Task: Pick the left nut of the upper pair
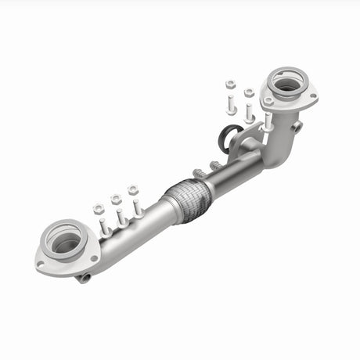(x=231, y=85)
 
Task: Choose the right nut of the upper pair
(x=249, y=93)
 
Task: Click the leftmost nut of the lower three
(x=99, y=209)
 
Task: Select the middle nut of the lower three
(x=116, y=199)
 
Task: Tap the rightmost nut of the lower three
(x=133, y=189)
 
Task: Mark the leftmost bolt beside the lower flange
(x=104, y=228)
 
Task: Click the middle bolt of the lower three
(x=121, y=218)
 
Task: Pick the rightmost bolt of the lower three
(x=138, y=207)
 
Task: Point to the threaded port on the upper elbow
(x=297, y=125)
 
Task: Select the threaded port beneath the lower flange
(x=82, y=276)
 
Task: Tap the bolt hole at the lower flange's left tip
(x=41, y=265)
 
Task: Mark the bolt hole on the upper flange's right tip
(x=312, y=98)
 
